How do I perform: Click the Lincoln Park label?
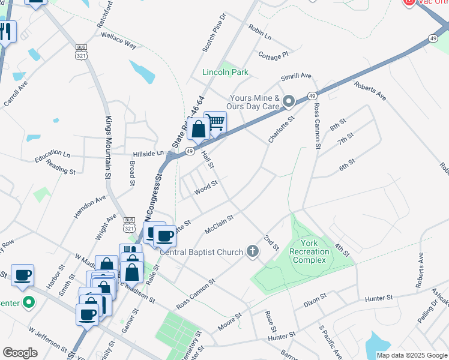225,73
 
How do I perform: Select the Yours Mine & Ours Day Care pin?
288,101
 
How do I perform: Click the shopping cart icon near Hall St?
215,122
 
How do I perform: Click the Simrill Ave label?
297,76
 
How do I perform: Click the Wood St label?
205,190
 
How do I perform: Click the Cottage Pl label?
273,55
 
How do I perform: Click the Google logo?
20,353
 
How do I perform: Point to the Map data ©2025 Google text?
411,355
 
